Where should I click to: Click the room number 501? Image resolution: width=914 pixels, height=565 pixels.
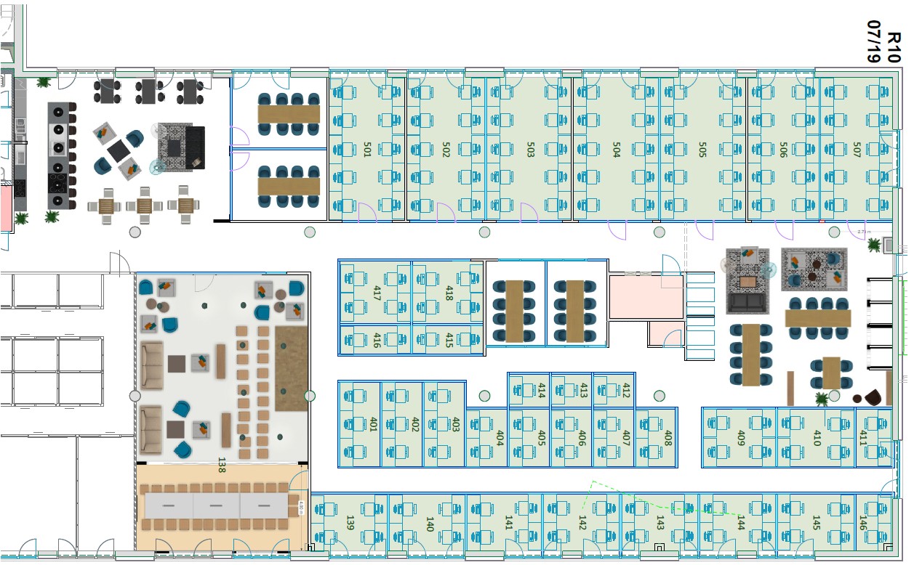367,150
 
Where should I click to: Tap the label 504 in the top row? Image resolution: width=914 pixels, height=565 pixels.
617,150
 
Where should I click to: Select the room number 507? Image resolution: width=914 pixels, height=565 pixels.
857,150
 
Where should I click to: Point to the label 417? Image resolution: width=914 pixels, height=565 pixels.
377,293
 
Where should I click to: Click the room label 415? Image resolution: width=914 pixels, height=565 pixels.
449,340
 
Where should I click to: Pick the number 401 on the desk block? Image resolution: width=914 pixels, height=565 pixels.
373,424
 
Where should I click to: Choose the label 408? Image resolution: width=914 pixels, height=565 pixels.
668,438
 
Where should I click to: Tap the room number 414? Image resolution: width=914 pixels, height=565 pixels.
541,391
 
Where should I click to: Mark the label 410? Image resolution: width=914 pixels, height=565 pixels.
817,438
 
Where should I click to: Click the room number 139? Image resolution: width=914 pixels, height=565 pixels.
350,523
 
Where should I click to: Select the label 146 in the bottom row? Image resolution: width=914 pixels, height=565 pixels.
863,523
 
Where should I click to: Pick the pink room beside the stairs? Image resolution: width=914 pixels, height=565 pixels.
646,296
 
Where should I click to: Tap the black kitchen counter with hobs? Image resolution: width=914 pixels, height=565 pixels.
61,155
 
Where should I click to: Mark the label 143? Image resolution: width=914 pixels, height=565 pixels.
660,523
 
